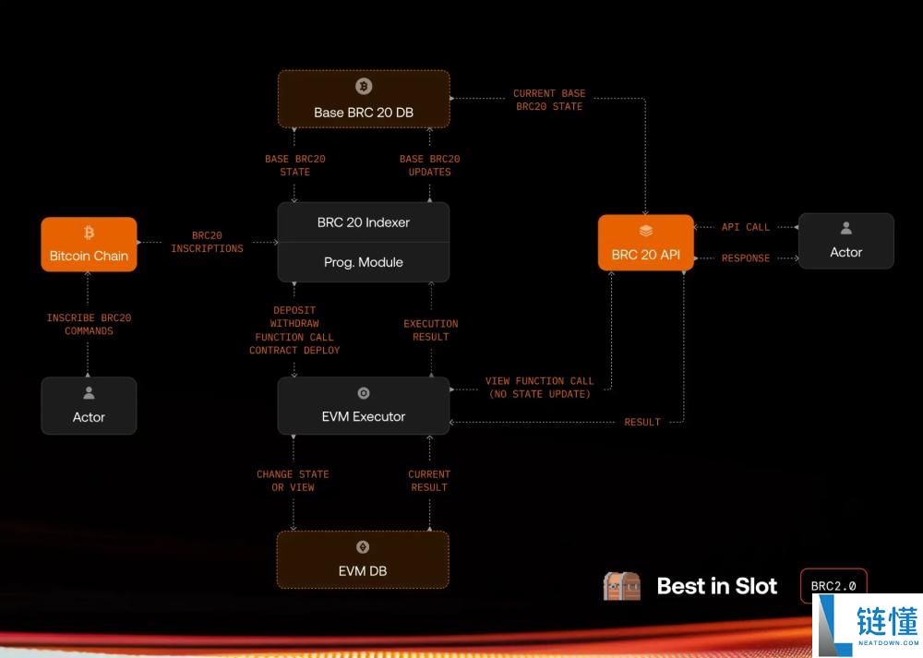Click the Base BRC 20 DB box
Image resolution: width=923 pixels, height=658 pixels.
[x=364, y=100]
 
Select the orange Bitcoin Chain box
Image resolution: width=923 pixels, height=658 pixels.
[x=89, y=245]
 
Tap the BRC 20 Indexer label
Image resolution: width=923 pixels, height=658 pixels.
[x=364, y=222]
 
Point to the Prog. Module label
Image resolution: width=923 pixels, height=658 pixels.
[x=364, y=262]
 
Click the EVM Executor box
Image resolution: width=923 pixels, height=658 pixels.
[x=364, y=406]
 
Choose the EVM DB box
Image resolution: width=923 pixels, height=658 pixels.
[x=363, y=559]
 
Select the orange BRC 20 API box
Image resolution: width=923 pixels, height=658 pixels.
[x=645, y=243]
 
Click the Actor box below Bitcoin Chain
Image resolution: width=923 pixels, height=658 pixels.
[x=89, y=406]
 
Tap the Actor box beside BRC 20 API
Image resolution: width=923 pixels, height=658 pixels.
[x=845, y=241]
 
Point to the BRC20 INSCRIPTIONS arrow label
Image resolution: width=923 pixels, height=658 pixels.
[x=208, y=242]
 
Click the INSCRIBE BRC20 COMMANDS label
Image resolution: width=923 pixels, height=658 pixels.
[x=89, y=324]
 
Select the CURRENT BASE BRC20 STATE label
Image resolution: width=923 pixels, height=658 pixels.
[x=549, y=100]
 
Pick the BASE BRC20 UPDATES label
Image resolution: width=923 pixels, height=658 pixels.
[x=430, y=165]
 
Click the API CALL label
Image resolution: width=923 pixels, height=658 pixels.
[x=746, y=227]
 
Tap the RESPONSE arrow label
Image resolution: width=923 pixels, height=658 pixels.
[x=746, y=258]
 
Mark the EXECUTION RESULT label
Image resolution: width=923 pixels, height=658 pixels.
[x=431, y=330]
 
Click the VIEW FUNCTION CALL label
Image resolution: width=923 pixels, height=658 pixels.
[x=540, y=388]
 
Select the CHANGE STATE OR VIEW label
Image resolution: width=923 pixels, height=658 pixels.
[x=293, y=481]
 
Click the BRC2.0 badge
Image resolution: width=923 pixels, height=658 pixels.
[x=833, y=585]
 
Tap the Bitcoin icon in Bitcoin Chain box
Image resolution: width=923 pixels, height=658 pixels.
[x=89, y=233]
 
